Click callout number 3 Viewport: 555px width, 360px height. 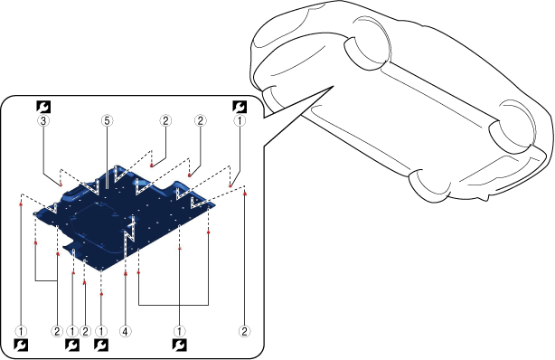click(43, 121)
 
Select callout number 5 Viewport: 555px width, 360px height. click(107, 121)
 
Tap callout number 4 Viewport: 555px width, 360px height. click(126, 332)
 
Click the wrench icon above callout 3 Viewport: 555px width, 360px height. click(43, 107)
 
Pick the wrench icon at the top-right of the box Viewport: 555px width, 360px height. click(240, 107)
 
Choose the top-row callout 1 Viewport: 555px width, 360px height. click(240, 121)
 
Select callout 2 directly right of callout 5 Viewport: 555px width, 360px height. click(165, 121)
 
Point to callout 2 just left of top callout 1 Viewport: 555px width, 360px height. click(201, 121)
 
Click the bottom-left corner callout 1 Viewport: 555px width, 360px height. click(21, 332)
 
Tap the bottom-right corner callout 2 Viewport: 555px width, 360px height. click(244, 332)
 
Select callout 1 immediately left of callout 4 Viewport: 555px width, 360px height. click(101, 332)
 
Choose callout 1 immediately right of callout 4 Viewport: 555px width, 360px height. click(180, 332)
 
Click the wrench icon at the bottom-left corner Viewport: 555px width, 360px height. click(21, 346)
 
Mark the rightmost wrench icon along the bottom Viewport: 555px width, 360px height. click(180, 346)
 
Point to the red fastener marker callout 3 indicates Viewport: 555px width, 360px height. click(61, 185)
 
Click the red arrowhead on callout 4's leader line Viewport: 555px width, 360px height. click(126, 273)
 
